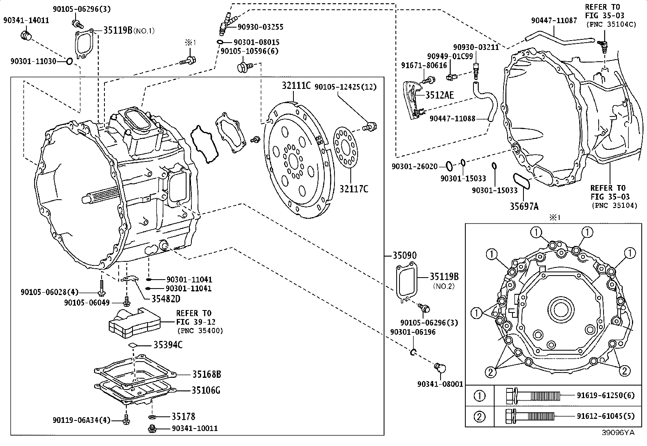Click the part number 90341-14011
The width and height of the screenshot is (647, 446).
point(26,20)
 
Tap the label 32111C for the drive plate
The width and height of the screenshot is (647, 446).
point(296,86)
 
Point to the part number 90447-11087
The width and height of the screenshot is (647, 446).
point(554,20)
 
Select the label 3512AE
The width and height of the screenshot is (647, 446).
point(439,95)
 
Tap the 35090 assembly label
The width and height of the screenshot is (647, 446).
point(404,256)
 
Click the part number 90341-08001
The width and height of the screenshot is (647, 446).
point(440,384)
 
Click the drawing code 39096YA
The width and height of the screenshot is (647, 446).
point(618,433)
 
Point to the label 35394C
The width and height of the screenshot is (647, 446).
point(168,345)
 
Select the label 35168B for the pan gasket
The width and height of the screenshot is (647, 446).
point(206,374)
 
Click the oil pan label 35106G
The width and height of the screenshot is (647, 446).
point(206,390)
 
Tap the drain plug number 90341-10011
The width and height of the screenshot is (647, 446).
point(195,429)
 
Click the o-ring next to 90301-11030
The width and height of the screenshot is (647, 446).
point(69,61)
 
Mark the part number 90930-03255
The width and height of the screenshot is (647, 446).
point(260,27)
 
